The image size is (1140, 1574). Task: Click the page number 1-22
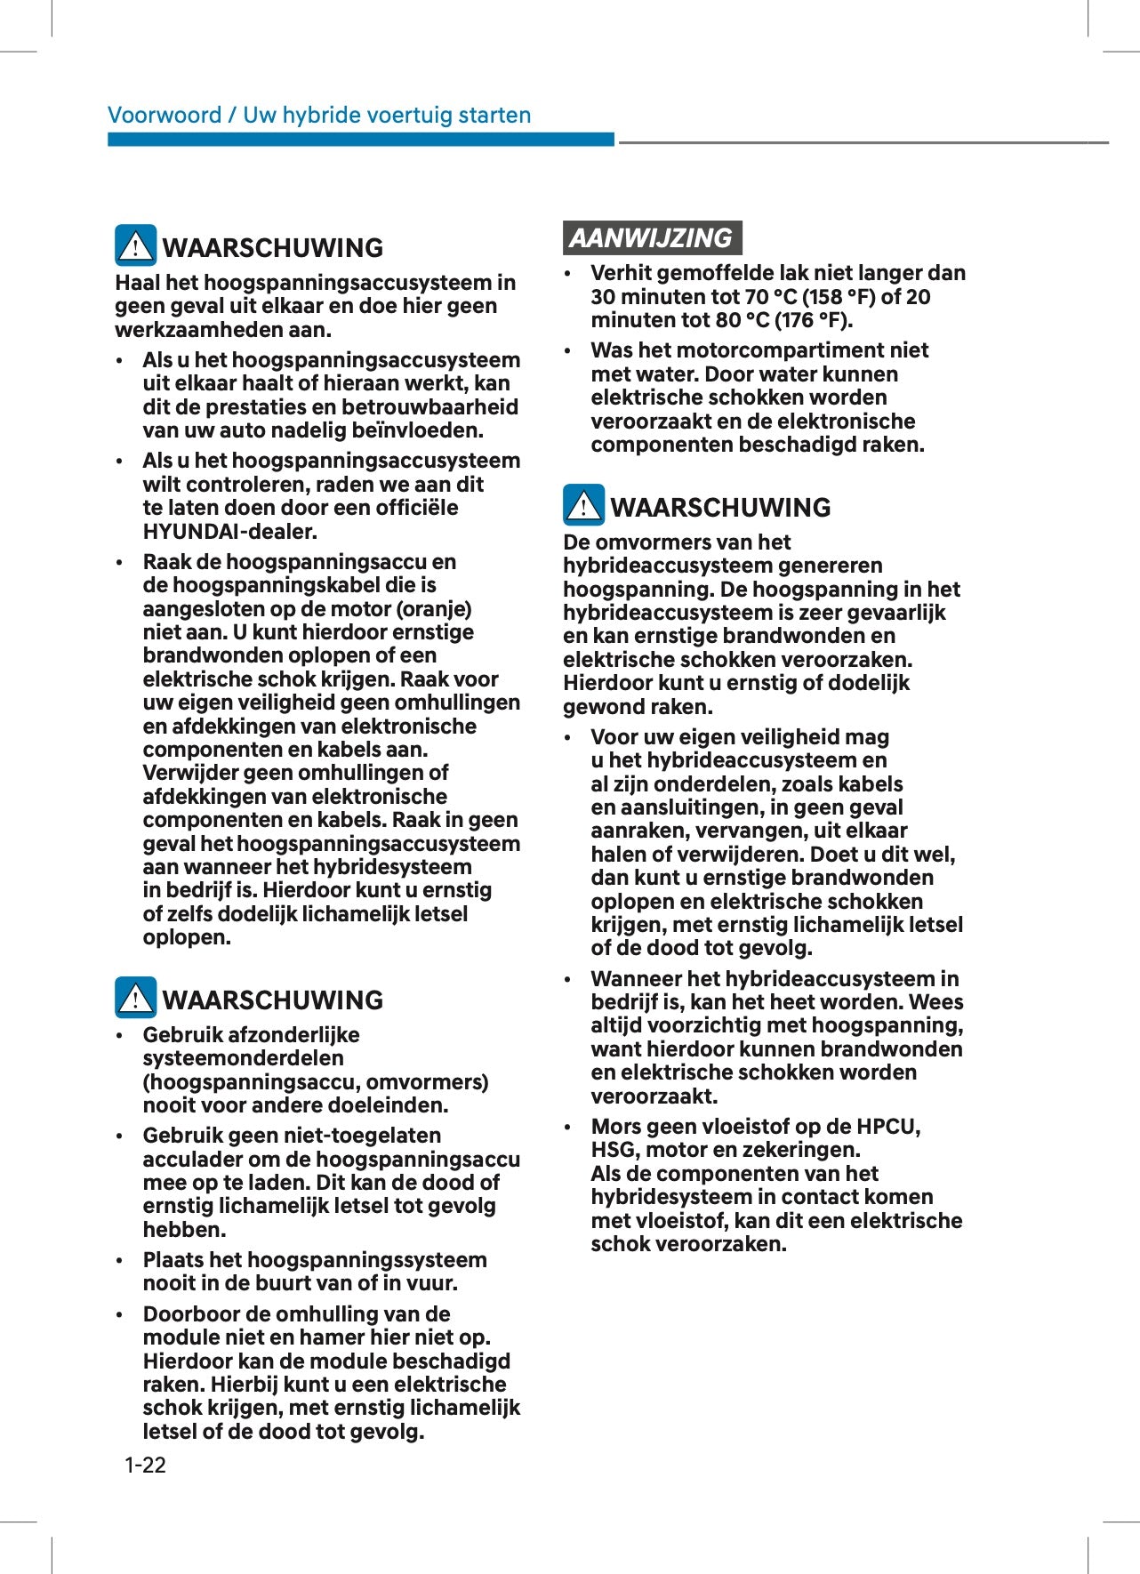tap(145, 1465)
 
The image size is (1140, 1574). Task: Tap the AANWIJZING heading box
tap(652, 238)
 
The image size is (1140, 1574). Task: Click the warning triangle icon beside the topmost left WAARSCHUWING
tap(135, 245)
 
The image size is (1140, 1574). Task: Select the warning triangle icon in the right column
tap(583, 505)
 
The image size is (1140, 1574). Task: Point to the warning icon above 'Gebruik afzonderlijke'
tap(135, 998)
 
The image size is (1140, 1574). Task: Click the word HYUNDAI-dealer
tap(229, 532)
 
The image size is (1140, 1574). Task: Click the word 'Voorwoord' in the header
tap(165, 115)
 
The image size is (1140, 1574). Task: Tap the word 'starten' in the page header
tap(494, 115)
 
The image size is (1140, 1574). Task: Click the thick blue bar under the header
tap(360, 140)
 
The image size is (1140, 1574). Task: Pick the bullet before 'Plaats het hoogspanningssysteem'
tap(120, 1261)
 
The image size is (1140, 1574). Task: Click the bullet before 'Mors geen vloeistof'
tap(568, 1128)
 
